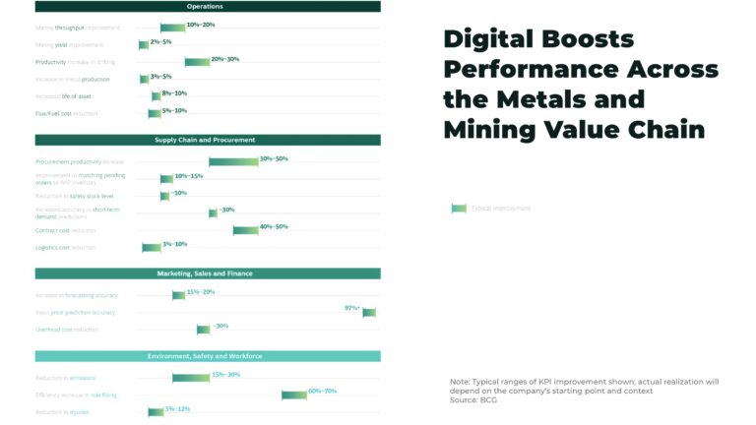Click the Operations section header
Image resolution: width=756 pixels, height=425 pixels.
coord(205,7)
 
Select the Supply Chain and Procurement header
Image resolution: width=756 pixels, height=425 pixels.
coord(205,140)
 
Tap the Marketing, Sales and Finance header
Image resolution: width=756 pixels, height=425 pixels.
coord(205,273)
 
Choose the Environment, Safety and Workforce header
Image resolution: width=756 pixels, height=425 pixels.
coord(205,355)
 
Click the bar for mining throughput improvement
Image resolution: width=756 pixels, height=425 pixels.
coord(172,28)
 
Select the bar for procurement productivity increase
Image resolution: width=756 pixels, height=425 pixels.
coord(233,161)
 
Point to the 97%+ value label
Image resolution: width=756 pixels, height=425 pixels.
coord(351,308)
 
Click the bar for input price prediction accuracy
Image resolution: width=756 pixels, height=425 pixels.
coord(369,313)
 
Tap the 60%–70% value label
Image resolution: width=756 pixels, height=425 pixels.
coord(322,391)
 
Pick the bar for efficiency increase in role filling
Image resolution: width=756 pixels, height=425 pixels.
coord(294,395)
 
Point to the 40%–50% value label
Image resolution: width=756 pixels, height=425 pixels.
coord(274,226)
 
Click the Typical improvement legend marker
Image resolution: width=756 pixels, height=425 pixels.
coord(459,208)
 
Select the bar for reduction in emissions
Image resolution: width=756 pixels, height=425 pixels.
coord(191,378)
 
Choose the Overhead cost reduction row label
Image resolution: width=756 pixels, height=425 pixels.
coord(67,330)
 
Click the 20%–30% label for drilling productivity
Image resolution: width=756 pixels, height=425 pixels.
coord(225,59)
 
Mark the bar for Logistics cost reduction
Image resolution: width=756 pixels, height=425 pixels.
coord(152,247)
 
